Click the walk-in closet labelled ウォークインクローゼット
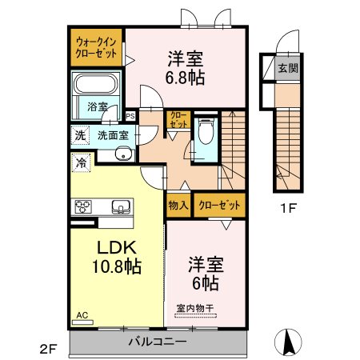coord(96,47)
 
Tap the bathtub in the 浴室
coord(96,84)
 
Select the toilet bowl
coord(206,130)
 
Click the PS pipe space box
coord(130,116)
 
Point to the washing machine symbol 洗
coord(80,135)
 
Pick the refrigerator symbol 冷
coord(82,162)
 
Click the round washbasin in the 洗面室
coord(123,154)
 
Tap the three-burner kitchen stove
coord(83,206)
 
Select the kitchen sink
coord(121,207)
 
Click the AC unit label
coord(82,315)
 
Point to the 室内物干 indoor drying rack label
coord(195,309)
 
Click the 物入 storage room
coord(178,205)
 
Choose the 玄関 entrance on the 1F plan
coord(288,68)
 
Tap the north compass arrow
coord(288,342)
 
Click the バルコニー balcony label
coord(158,342)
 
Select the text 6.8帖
coord(185,78)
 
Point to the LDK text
coord(117,247)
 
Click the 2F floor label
coord(48,349)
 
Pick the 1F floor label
coord(289,208)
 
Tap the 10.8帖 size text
coord(117,266)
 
